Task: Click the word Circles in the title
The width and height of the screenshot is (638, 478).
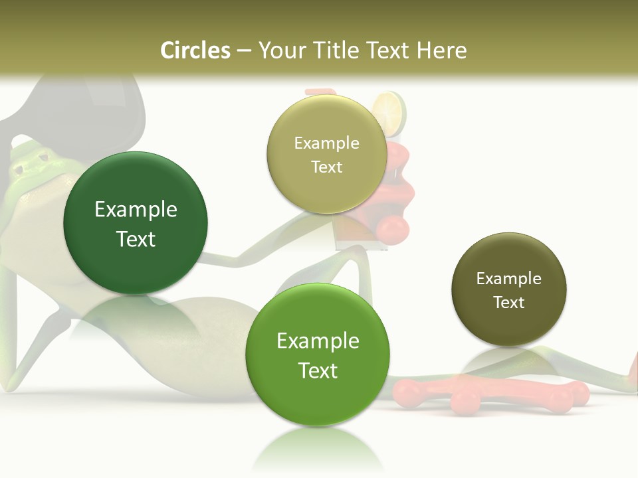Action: (195, 50)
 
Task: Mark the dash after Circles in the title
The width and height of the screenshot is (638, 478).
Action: (243, 52)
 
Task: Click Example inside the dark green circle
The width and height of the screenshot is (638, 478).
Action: (136, 210)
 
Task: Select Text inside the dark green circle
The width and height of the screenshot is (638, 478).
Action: (136, 239)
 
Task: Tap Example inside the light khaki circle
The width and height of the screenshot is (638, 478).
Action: (326, 143)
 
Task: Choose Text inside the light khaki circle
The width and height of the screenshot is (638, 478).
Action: (326, 167)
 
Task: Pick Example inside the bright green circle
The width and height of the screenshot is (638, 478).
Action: (318, 341)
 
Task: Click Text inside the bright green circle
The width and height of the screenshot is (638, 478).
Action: (318, 370)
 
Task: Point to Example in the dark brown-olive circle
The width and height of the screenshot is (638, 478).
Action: (508, 279)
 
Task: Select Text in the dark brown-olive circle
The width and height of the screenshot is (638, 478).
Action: (508, 303)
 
